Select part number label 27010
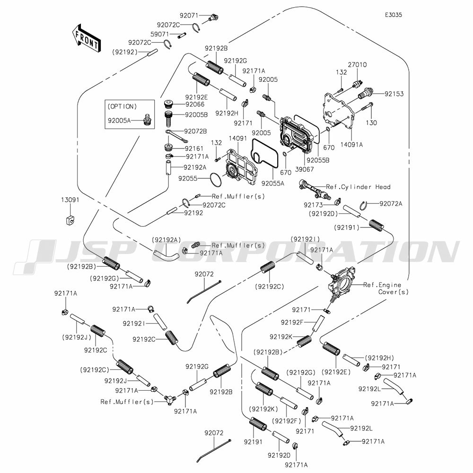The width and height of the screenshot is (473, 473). point(357,65)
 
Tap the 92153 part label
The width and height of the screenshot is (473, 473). point(394,94)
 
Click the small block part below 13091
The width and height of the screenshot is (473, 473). point(69,220)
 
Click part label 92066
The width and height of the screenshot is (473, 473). point(195,104)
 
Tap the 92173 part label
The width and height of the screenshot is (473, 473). point(313,205)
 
